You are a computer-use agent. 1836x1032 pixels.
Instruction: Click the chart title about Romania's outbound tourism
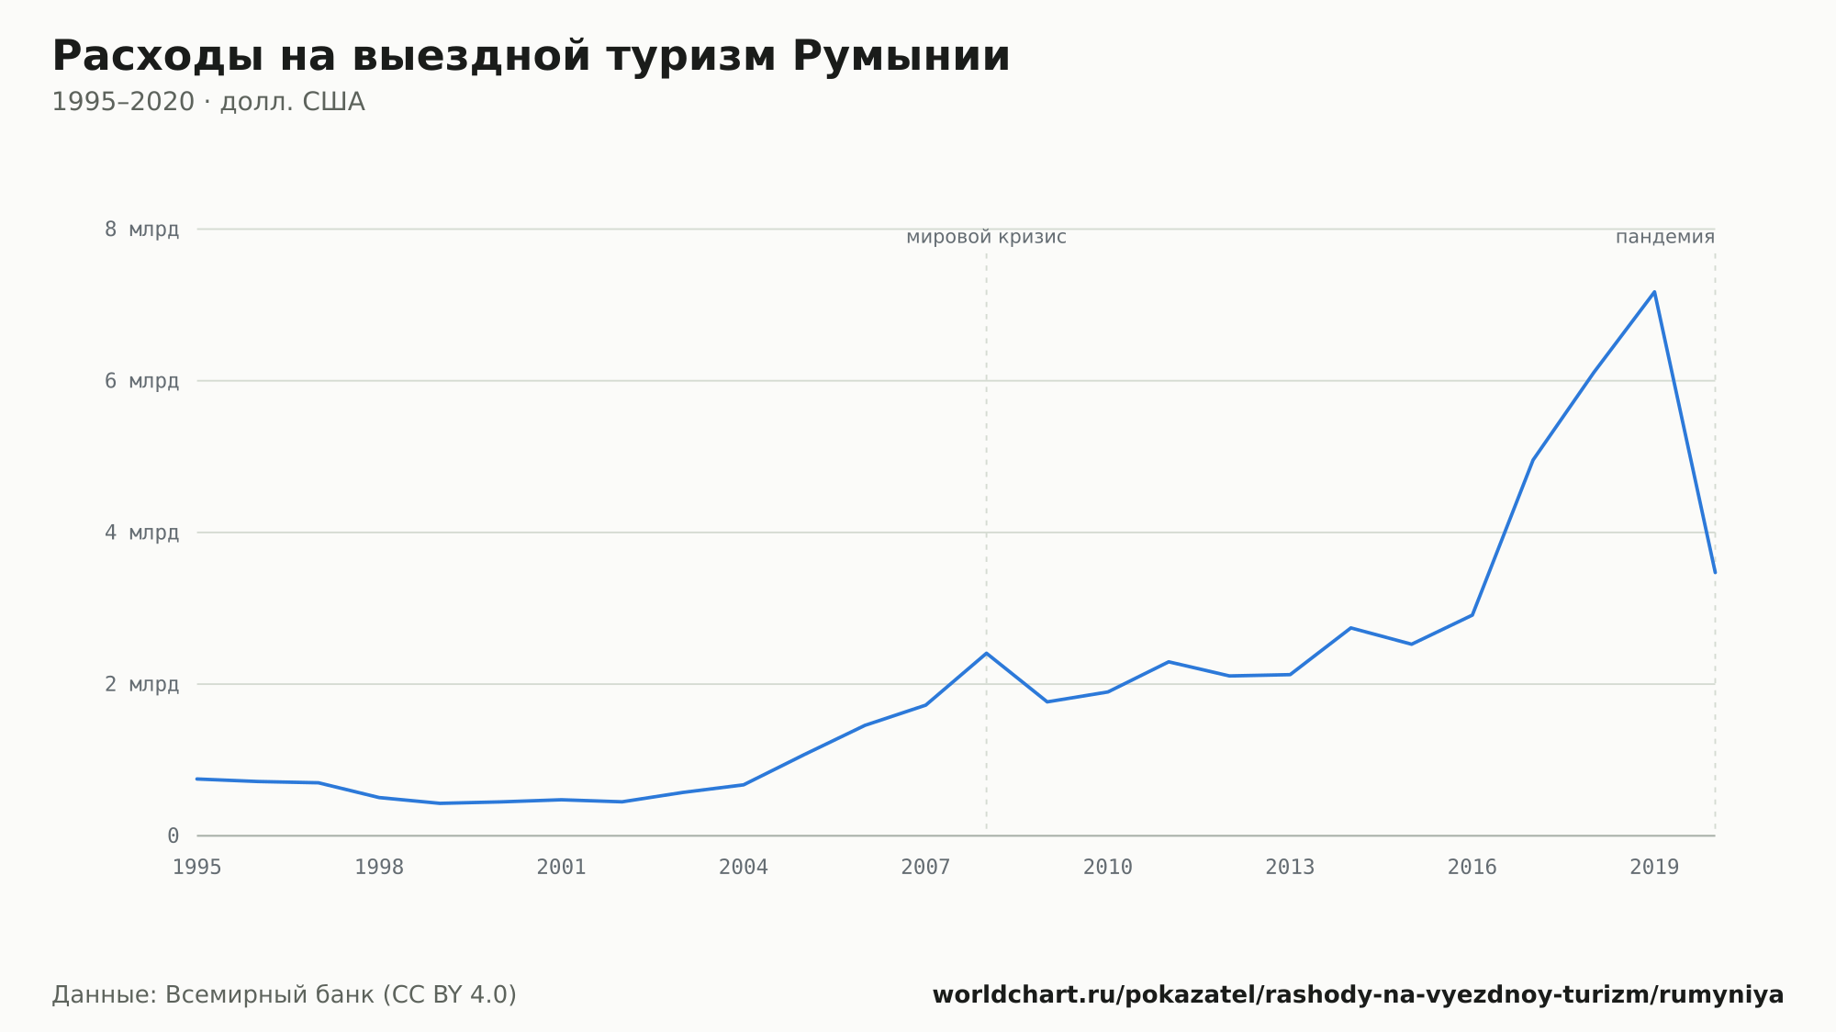[531, 57]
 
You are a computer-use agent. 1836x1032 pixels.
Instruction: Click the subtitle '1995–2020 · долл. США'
[208, 102]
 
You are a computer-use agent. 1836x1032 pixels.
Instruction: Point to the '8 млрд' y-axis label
[141, 230]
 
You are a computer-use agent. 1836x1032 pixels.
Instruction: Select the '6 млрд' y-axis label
[141, 381]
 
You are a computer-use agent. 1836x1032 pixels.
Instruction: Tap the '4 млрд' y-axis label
[141, 533]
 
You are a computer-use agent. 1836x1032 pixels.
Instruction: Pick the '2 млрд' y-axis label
[141, 684]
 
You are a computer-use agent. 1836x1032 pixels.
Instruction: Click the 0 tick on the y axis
[173, 836]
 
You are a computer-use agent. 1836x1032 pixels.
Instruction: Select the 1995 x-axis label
[197, 868]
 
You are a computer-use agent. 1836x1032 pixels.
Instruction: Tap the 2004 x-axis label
[744, 868]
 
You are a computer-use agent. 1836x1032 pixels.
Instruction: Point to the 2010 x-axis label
[1108, 868]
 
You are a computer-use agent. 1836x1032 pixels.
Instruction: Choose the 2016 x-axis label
[1472, 868]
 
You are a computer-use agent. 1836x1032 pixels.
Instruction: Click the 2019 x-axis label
[1654, 868]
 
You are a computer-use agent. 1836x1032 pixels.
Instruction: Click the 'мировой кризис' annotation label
[986, 238]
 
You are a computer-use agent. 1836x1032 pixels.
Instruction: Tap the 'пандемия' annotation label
[1665, 238]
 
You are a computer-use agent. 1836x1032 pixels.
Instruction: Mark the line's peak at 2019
[1654, 292]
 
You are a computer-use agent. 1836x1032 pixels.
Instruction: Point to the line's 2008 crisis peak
[986, 653]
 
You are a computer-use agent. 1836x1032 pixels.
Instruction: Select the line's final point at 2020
[1715, 572]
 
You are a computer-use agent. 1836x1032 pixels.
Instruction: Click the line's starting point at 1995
[197, 779]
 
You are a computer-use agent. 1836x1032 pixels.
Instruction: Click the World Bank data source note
[285, 995]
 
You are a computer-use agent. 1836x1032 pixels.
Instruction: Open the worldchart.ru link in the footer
[1358, 995]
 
